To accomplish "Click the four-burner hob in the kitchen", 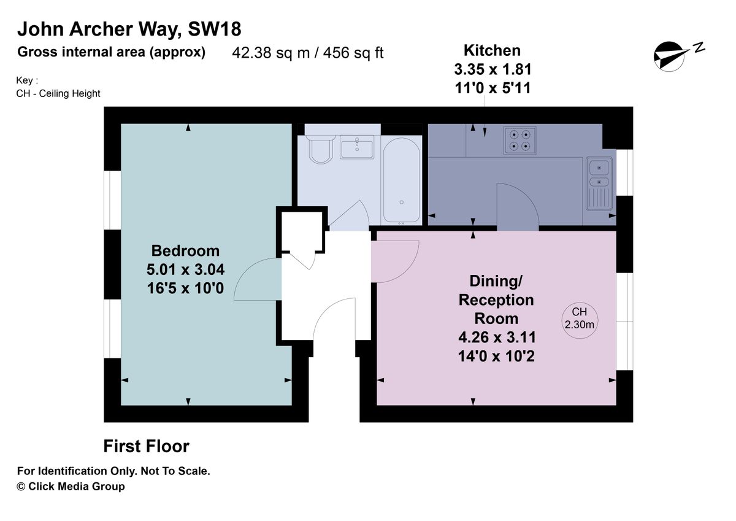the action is [x=520, y=141].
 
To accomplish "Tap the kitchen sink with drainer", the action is [x=599, y=183].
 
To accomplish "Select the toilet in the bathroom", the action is [x=320, y=149].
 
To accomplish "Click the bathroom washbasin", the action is [x=357, y=147].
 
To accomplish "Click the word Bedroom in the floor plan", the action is [x=185, y=251].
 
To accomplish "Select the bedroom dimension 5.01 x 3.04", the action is [x=185, y=269].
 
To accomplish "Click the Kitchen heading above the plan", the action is [x=492, y=50].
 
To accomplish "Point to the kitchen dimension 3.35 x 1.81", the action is [x=493, y=69].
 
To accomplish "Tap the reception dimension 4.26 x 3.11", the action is [x=497, y=338].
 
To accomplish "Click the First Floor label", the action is [x=146, y=446].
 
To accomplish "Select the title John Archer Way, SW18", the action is [x=129, y=29].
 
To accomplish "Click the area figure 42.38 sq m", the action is [x=270, y=53].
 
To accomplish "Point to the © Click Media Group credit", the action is [x=71, y=486].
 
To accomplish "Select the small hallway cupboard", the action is [x=302, y=231].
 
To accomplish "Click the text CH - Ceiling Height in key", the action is [x=58, y=94].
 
